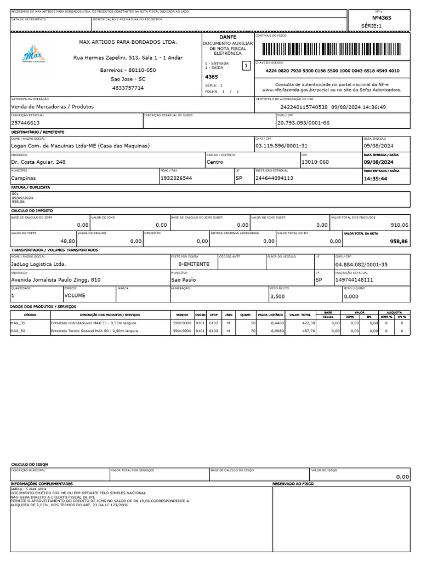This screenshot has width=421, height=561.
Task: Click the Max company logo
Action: (x=33, y=54)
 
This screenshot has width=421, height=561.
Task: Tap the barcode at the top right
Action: (x=332, y=50)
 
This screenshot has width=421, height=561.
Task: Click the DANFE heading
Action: (x=227, y=36)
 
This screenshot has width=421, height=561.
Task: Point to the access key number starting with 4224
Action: (x=332, y=71)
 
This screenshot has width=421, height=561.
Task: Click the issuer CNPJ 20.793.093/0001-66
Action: (x=303, y=123)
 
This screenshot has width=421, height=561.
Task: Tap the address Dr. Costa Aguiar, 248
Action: (x=38, y=162)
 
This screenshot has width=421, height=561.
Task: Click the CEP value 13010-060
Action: (x=315, y=162)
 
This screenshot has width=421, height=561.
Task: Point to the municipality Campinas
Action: (x=24, y=178)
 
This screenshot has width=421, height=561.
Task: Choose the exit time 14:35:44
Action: (x=376, y=178)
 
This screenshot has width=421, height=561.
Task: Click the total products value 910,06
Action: (x=399, y=225)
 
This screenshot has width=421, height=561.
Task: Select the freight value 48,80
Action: (x=67, y=241)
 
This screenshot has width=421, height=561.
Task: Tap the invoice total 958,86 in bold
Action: (x=399, y=241)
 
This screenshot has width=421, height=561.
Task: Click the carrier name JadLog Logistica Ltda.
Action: (x=38, y=264)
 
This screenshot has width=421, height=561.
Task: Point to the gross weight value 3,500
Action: (x=278, y=296)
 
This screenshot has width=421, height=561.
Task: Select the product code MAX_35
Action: (x=18, y=323)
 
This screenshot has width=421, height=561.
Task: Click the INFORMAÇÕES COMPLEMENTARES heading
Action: (x=42, y=484)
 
